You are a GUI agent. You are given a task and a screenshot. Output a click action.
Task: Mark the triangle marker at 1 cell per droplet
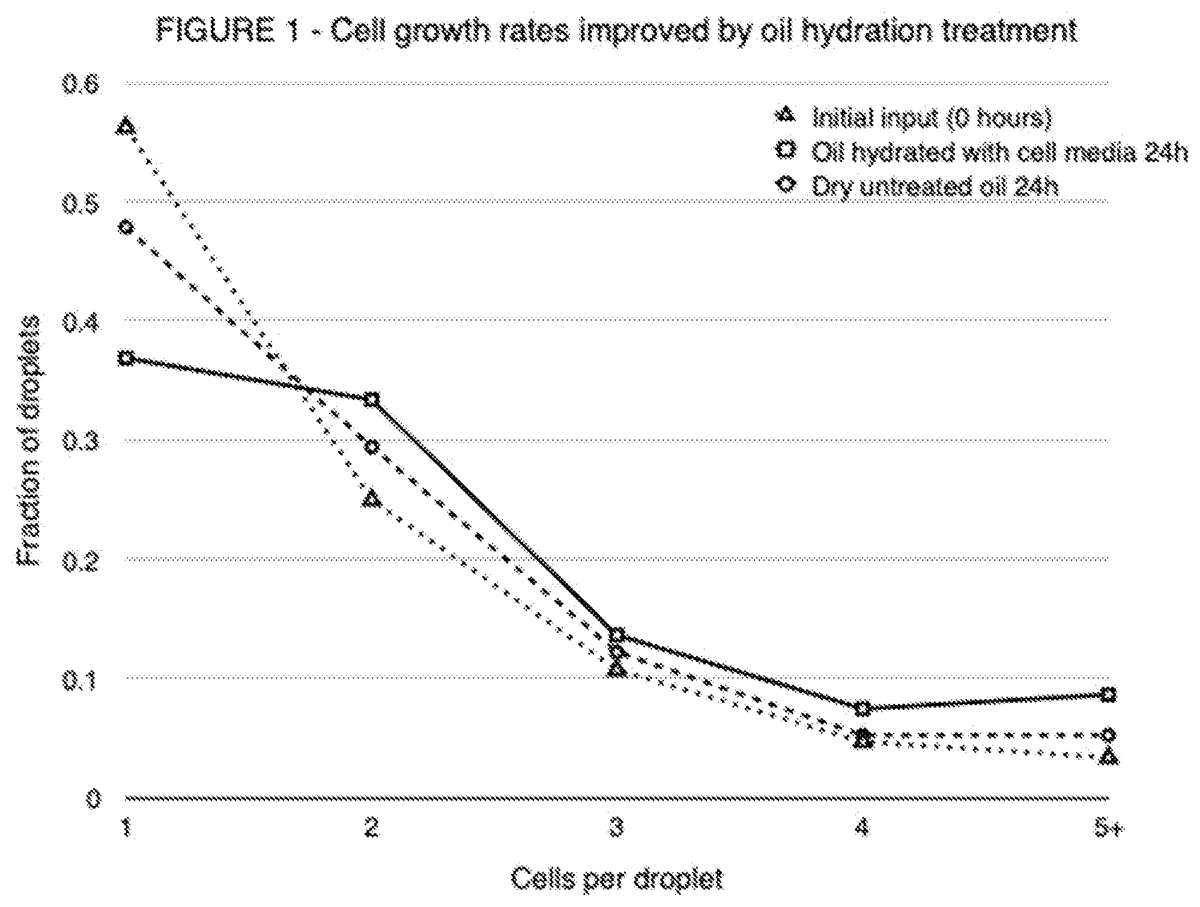pos(126,127)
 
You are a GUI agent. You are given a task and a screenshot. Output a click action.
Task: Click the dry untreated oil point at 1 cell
pos(126,227)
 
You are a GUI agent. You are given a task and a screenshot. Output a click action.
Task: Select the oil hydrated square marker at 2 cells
pos(372,399)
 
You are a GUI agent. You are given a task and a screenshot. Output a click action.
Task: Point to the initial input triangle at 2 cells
pos(372,499)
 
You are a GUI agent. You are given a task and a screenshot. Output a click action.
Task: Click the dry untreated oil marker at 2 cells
pos(372,447)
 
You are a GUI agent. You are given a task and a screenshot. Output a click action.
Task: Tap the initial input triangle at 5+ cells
pos(1109,756)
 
